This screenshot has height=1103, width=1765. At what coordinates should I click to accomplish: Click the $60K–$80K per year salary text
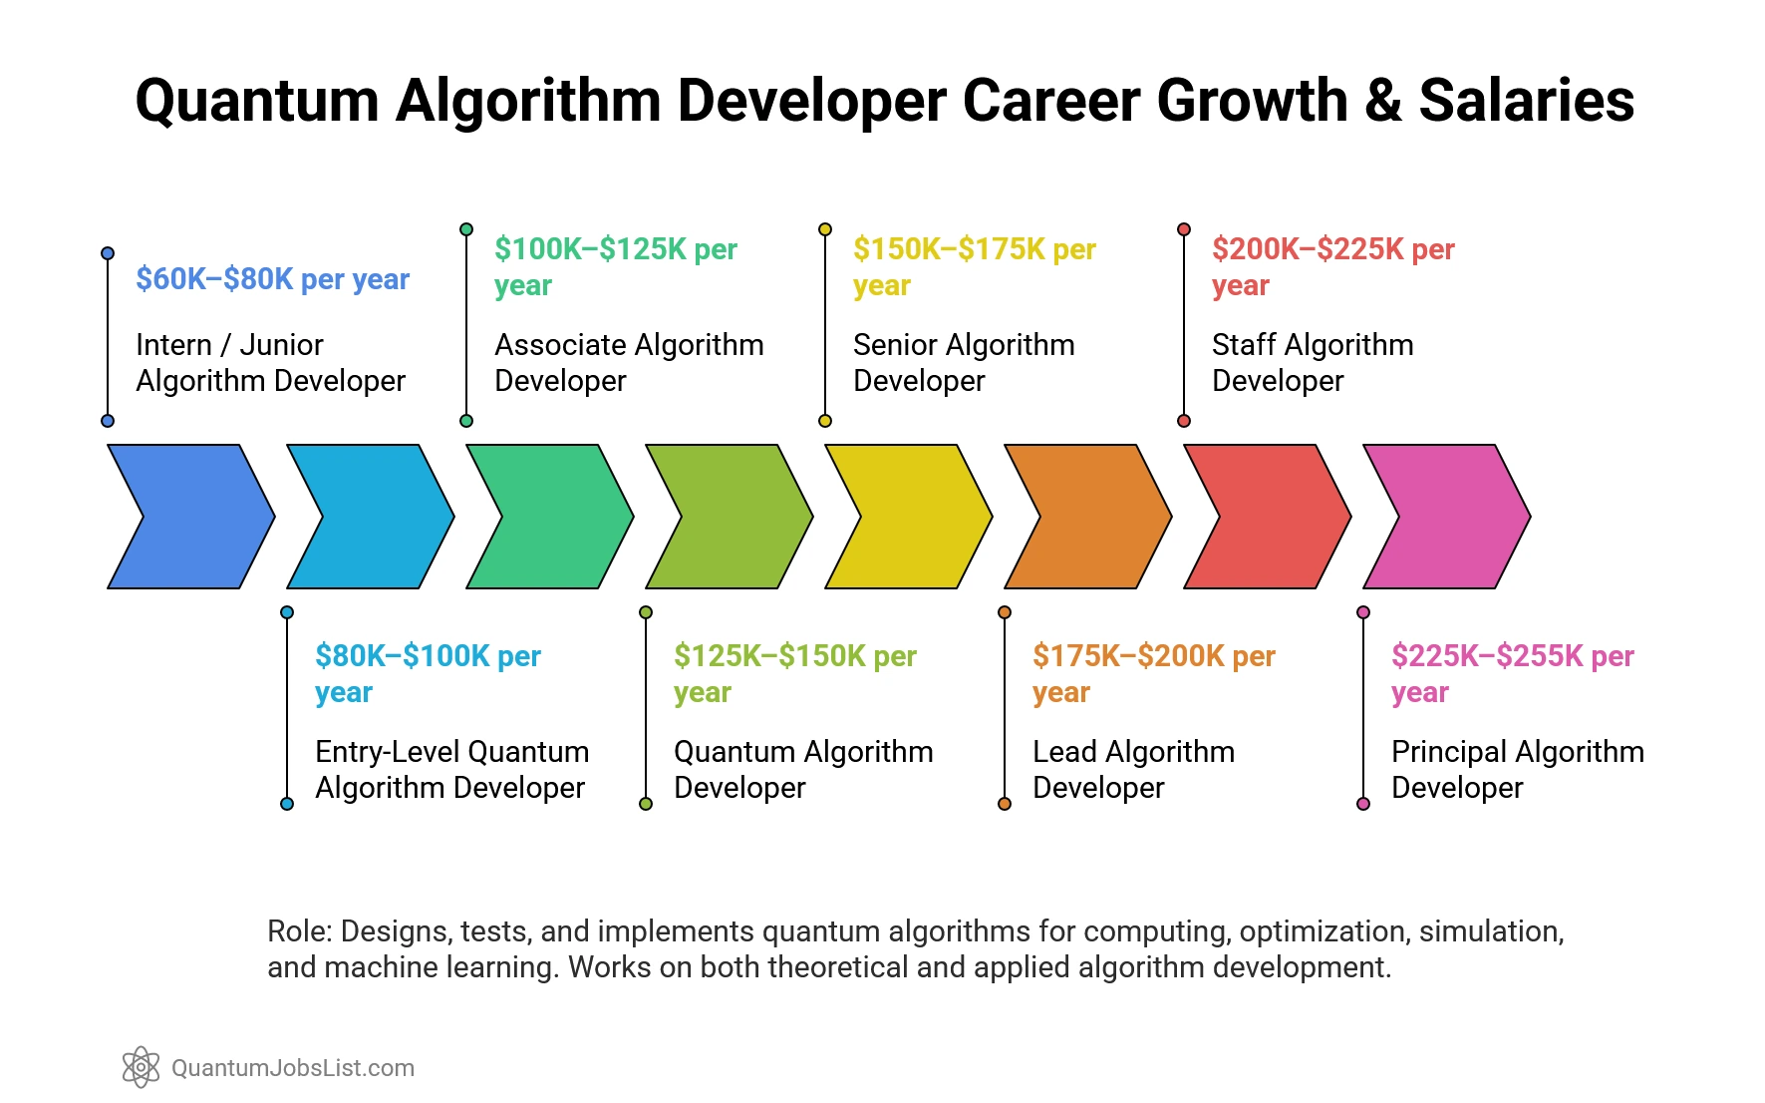tap(272, 279)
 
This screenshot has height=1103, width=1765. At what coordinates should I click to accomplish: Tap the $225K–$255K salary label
tap(1512, 672)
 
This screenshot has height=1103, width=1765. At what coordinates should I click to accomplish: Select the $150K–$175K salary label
tap(974, 265)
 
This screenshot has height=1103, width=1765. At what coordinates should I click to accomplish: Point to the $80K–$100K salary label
tap(428, 672)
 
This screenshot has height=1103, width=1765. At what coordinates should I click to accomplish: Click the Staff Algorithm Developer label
tap(1312, 362)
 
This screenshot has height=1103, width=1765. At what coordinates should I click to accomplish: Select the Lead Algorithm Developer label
tap(1133, 769)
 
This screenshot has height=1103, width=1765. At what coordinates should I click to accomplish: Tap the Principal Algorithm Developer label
tap(1517, 769)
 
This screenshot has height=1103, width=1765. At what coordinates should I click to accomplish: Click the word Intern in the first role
tap(173, 345)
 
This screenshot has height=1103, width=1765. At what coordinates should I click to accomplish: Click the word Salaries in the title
tap(1526, 101)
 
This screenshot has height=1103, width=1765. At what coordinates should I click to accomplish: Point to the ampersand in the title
tap(1382, 101)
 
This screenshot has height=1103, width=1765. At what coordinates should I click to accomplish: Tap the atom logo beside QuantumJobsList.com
tap(141, 1067)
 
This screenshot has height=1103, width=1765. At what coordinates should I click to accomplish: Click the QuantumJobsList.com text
tap(293, 1068)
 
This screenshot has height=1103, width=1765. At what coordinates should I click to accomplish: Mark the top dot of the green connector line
tap(466, 229)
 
